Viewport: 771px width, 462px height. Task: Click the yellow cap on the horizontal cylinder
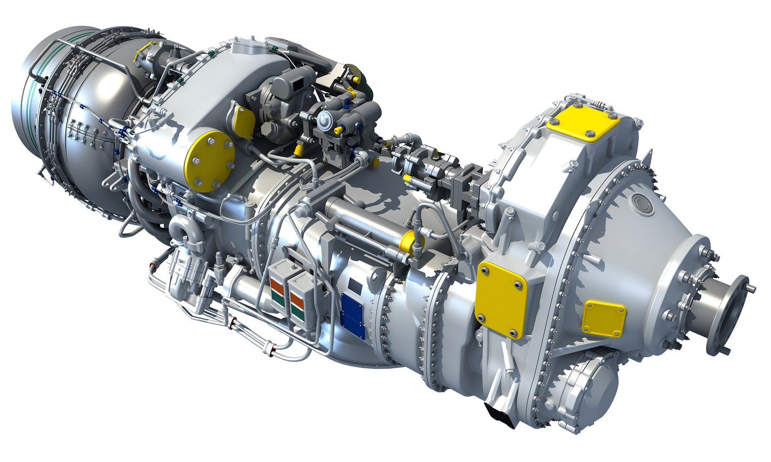(x=408, y=242)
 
